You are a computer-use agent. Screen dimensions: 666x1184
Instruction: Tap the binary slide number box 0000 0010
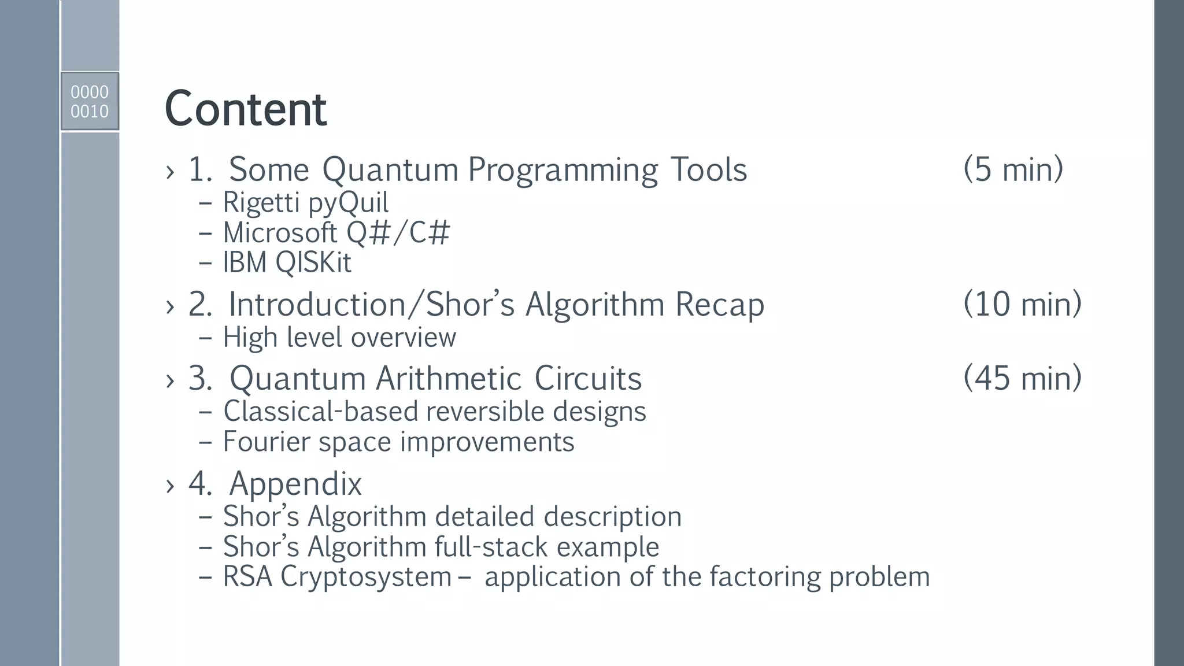coord(90,101)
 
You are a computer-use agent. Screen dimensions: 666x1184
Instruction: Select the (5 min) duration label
coord(1013,169)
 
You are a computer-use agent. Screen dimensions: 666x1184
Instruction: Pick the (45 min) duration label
coord(1022,378)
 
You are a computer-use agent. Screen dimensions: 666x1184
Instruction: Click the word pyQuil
coord(348,203)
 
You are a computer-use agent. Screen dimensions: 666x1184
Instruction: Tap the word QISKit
coord(313,263)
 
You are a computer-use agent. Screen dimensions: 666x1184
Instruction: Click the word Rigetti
coord(261,203)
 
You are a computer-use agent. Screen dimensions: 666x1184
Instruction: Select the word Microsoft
coord(280,233)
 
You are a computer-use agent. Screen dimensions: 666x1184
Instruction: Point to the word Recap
coord(719,305)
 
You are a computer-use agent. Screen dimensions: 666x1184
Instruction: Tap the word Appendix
coord(295,484)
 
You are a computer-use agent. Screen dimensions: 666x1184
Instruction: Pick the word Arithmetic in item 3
coord(449,379)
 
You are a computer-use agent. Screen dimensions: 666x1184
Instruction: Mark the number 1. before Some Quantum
coord(200,170)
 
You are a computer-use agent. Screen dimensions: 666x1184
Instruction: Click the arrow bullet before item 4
coord(169,486)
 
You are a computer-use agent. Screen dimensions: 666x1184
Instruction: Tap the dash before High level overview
coord(205,338)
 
